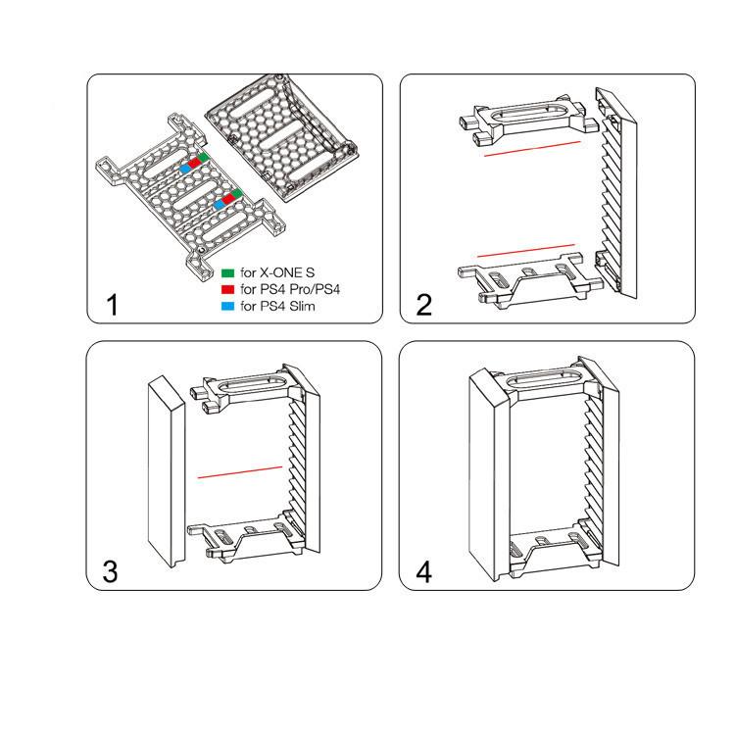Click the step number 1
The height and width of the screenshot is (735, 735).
point(113,305)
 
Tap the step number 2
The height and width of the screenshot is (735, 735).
point(423,305)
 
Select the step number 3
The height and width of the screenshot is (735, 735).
point(110,572)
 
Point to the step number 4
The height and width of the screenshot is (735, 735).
point(423,572)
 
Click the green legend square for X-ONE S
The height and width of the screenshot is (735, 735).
point(227,272)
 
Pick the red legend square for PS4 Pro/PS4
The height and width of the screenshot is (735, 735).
point(227,289)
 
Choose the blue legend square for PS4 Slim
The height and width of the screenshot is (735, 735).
point(227,306)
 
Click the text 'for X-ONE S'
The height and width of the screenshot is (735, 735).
point(277,272)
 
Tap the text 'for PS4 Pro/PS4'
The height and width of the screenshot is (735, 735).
point(290,289)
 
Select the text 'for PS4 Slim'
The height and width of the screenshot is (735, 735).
point(278,306)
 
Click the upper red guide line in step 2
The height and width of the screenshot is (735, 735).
point(532,148)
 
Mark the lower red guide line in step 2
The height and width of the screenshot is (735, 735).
point(526,250)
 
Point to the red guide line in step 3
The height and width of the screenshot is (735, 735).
point(240,472)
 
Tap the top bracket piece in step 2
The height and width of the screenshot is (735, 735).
point(529,120)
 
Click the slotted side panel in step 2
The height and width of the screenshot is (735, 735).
point(616,192)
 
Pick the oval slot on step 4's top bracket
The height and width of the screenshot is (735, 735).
point(546,378)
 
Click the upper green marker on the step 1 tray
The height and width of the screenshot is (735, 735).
point(203,158)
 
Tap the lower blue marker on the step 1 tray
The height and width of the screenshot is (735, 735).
point(219,205)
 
